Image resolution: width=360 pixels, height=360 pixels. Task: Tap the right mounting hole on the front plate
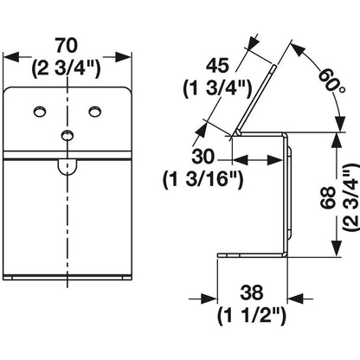[95, 112]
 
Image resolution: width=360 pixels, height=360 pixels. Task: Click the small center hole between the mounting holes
[67, 133]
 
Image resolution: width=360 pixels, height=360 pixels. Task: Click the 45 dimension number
[218, 64]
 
